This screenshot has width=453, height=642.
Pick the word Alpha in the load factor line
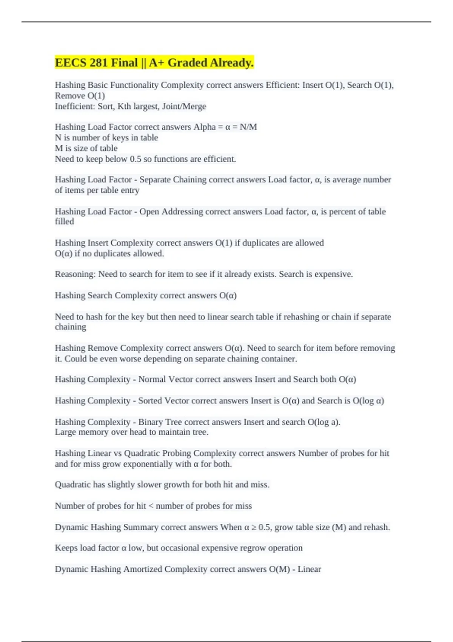pos(204,127)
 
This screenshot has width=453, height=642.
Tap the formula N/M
pos(248,127)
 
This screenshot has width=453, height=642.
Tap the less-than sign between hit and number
pos(151,506)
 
